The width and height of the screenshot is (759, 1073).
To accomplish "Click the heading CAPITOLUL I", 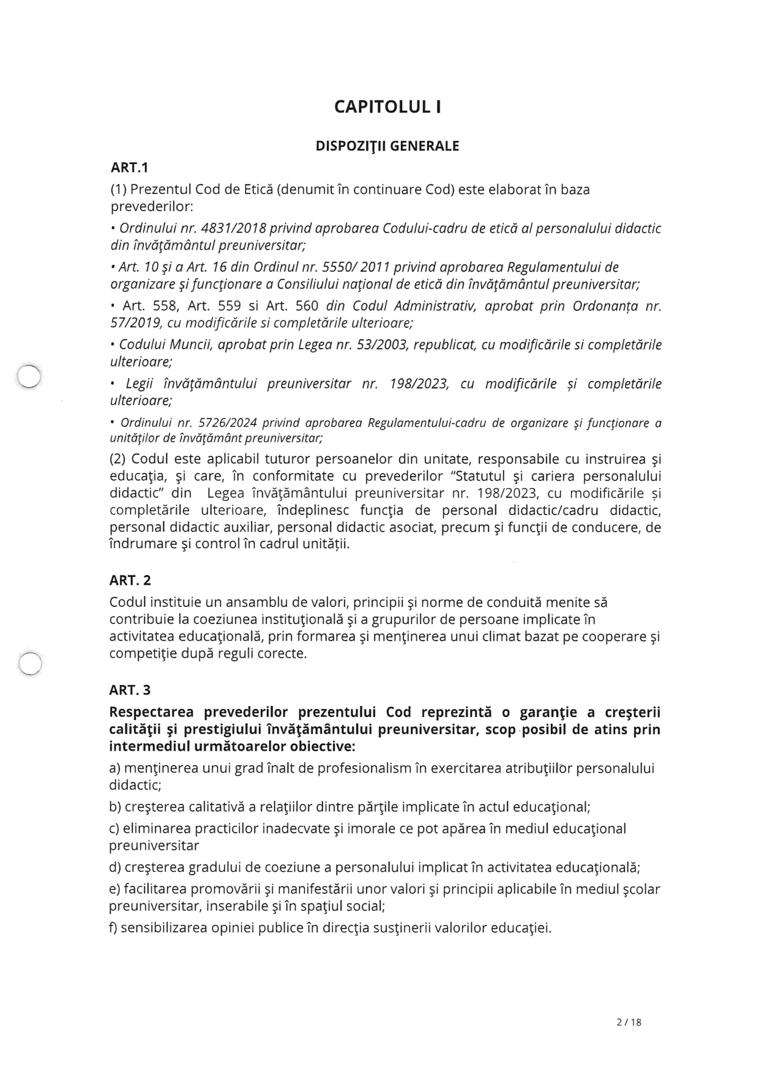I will click(x=387, y=107).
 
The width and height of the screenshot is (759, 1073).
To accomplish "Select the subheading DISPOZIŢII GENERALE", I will click(x=387, y=146).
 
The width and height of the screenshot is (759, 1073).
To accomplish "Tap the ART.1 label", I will click(x=129, y=168).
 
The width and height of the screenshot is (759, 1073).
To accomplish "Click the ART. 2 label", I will click(x=130, y=580).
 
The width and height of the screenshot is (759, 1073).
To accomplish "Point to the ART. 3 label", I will click(x=130, y=690).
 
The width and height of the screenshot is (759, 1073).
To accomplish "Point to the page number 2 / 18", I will click(x=629, y=1022).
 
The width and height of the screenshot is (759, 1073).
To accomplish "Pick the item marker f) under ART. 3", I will click(x=113, y=928).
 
